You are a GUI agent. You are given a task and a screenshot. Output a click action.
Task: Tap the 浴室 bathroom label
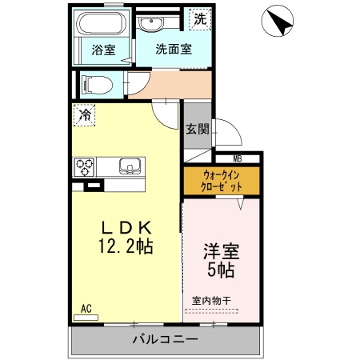(103, 50)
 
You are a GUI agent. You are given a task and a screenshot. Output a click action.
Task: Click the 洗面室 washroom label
(173, 50)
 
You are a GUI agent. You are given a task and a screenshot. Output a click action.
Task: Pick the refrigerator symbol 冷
(84, 115)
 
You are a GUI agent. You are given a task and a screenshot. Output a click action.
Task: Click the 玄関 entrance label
(197, 128)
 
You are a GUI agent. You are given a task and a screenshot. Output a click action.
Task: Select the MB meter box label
(238, 158)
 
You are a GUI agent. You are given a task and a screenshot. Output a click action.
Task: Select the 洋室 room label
(220, 251)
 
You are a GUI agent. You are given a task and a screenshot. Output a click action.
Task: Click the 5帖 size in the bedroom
(221, 270)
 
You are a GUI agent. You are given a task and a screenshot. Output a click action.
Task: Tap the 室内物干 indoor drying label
(211, 301)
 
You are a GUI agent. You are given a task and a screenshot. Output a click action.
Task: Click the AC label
(86, 306)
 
